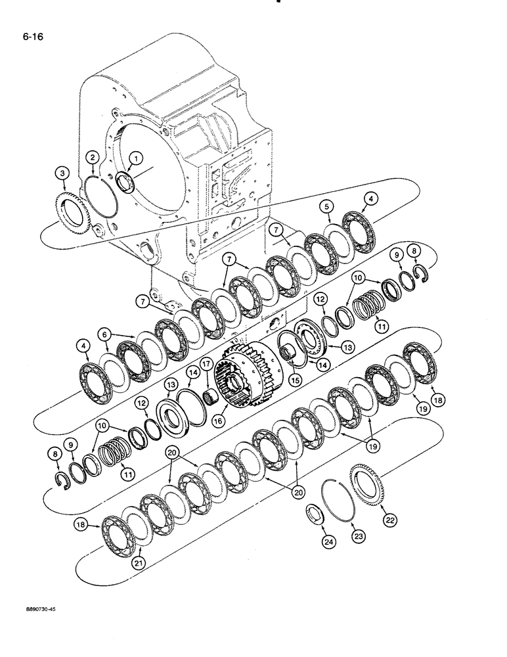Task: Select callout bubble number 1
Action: (136, 158)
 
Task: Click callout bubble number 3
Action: (62, 172)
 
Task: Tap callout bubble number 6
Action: (104, 335)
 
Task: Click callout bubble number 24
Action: (327, 542)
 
